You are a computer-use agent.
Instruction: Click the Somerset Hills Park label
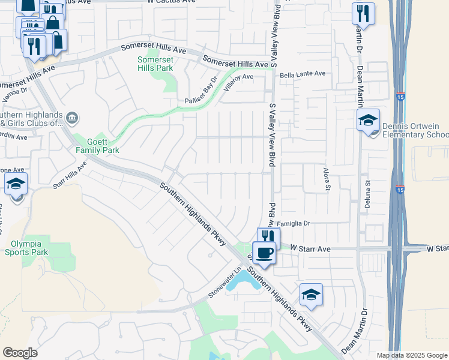[x=155, y=64]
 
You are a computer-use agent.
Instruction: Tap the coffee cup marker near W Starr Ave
[x=263, y=253]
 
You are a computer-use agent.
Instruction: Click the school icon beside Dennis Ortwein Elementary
[x=368, y=121]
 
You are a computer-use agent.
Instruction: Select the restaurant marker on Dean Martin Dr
[x=363, y=14]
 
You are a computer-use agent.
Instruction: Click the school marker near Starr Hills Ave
[x=16, y=184]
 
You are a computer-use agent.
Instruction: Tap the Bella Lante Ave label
[x=303, y=74]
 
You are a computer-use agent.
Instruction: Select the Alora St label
[x=328, y=179]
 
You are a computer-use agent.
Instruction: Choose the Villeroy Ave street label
[x=239, y=82]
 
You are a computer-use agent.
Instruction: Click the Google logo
[x=20, y=353]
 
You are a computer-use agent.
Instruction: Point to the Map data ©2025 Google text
[x=411, y=355]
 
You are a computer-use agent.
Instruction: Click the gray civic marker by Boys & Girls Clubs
[x=71, y=118]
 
